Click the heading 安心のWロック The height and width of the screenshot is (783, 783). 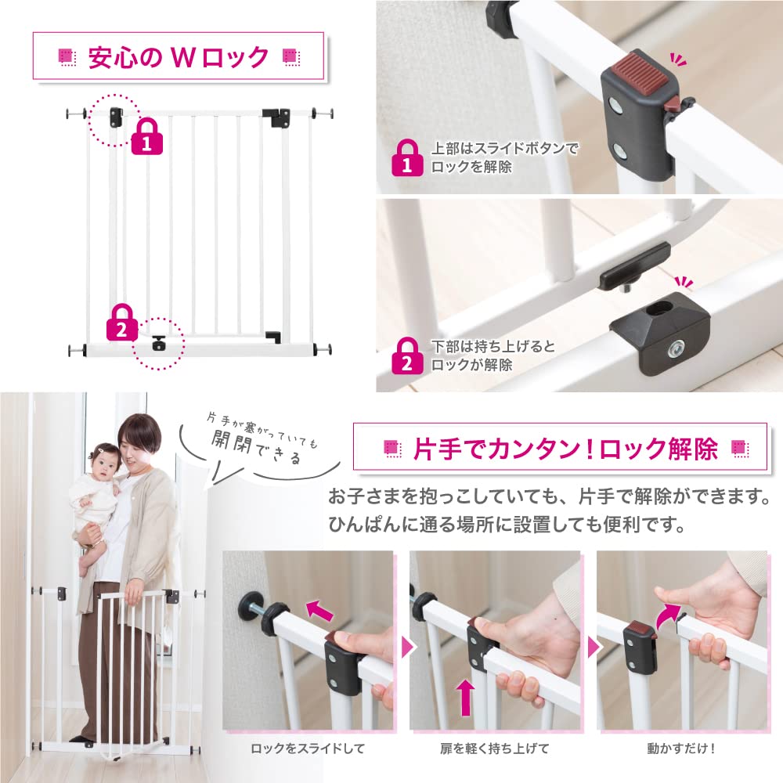coord(179,57)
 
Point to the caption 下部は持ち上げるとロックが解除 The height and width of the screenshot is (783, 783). coord(493,355)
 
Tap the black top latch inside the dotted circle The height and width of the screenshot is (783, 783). coord(117,117)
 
